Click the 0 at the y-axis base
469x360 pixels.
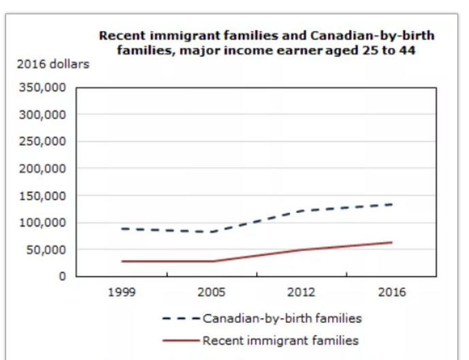[62, 276]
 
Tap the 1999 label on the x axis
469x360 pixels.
[122, 293]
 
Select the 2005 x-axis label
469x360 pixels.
[212, 293]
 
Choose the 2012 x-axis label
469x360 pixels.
[302, 293]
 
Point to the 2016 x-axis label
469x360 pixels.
[391, 293]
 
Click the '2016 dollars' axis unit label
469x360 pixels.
[52, 65]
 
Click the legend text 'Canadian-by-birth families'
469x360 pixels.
[282, 318]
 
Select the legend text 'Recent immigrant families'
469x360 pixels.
[280, 340]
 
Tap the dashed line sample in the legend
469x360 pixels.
[180, 318]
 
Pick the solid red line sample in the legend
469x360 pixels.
[180, 340]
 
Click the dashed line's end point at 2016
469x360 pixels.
[391, 204]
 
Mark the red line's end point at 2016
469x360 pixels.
[391, 242]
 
